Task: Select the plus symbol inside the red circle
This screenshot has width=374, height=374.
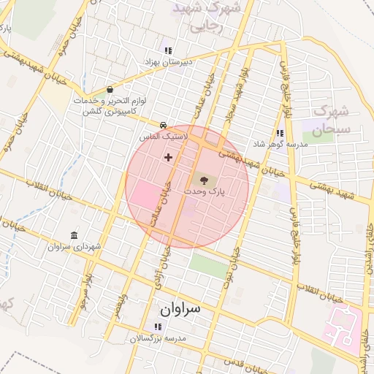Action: pos(169,156)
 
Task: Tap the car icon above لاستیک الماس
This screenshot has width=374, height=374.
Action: pos(164,124)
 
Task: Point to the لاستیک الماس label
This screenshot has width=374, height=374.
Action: pos(164,137)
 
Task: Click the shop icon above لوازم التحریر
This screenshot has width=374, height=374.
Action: pos(110,89)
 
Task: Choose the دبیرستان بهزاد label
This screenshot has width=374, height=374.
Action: pos(168,63)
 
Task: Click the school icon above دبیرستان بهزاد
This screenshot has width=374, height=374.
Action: pos(169,50)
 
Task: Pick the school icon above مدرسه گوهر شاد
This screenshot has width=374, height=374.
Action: pos(279,133)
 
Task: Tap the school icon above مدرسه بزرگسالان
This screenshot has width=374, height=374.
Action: pos(158,327)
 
